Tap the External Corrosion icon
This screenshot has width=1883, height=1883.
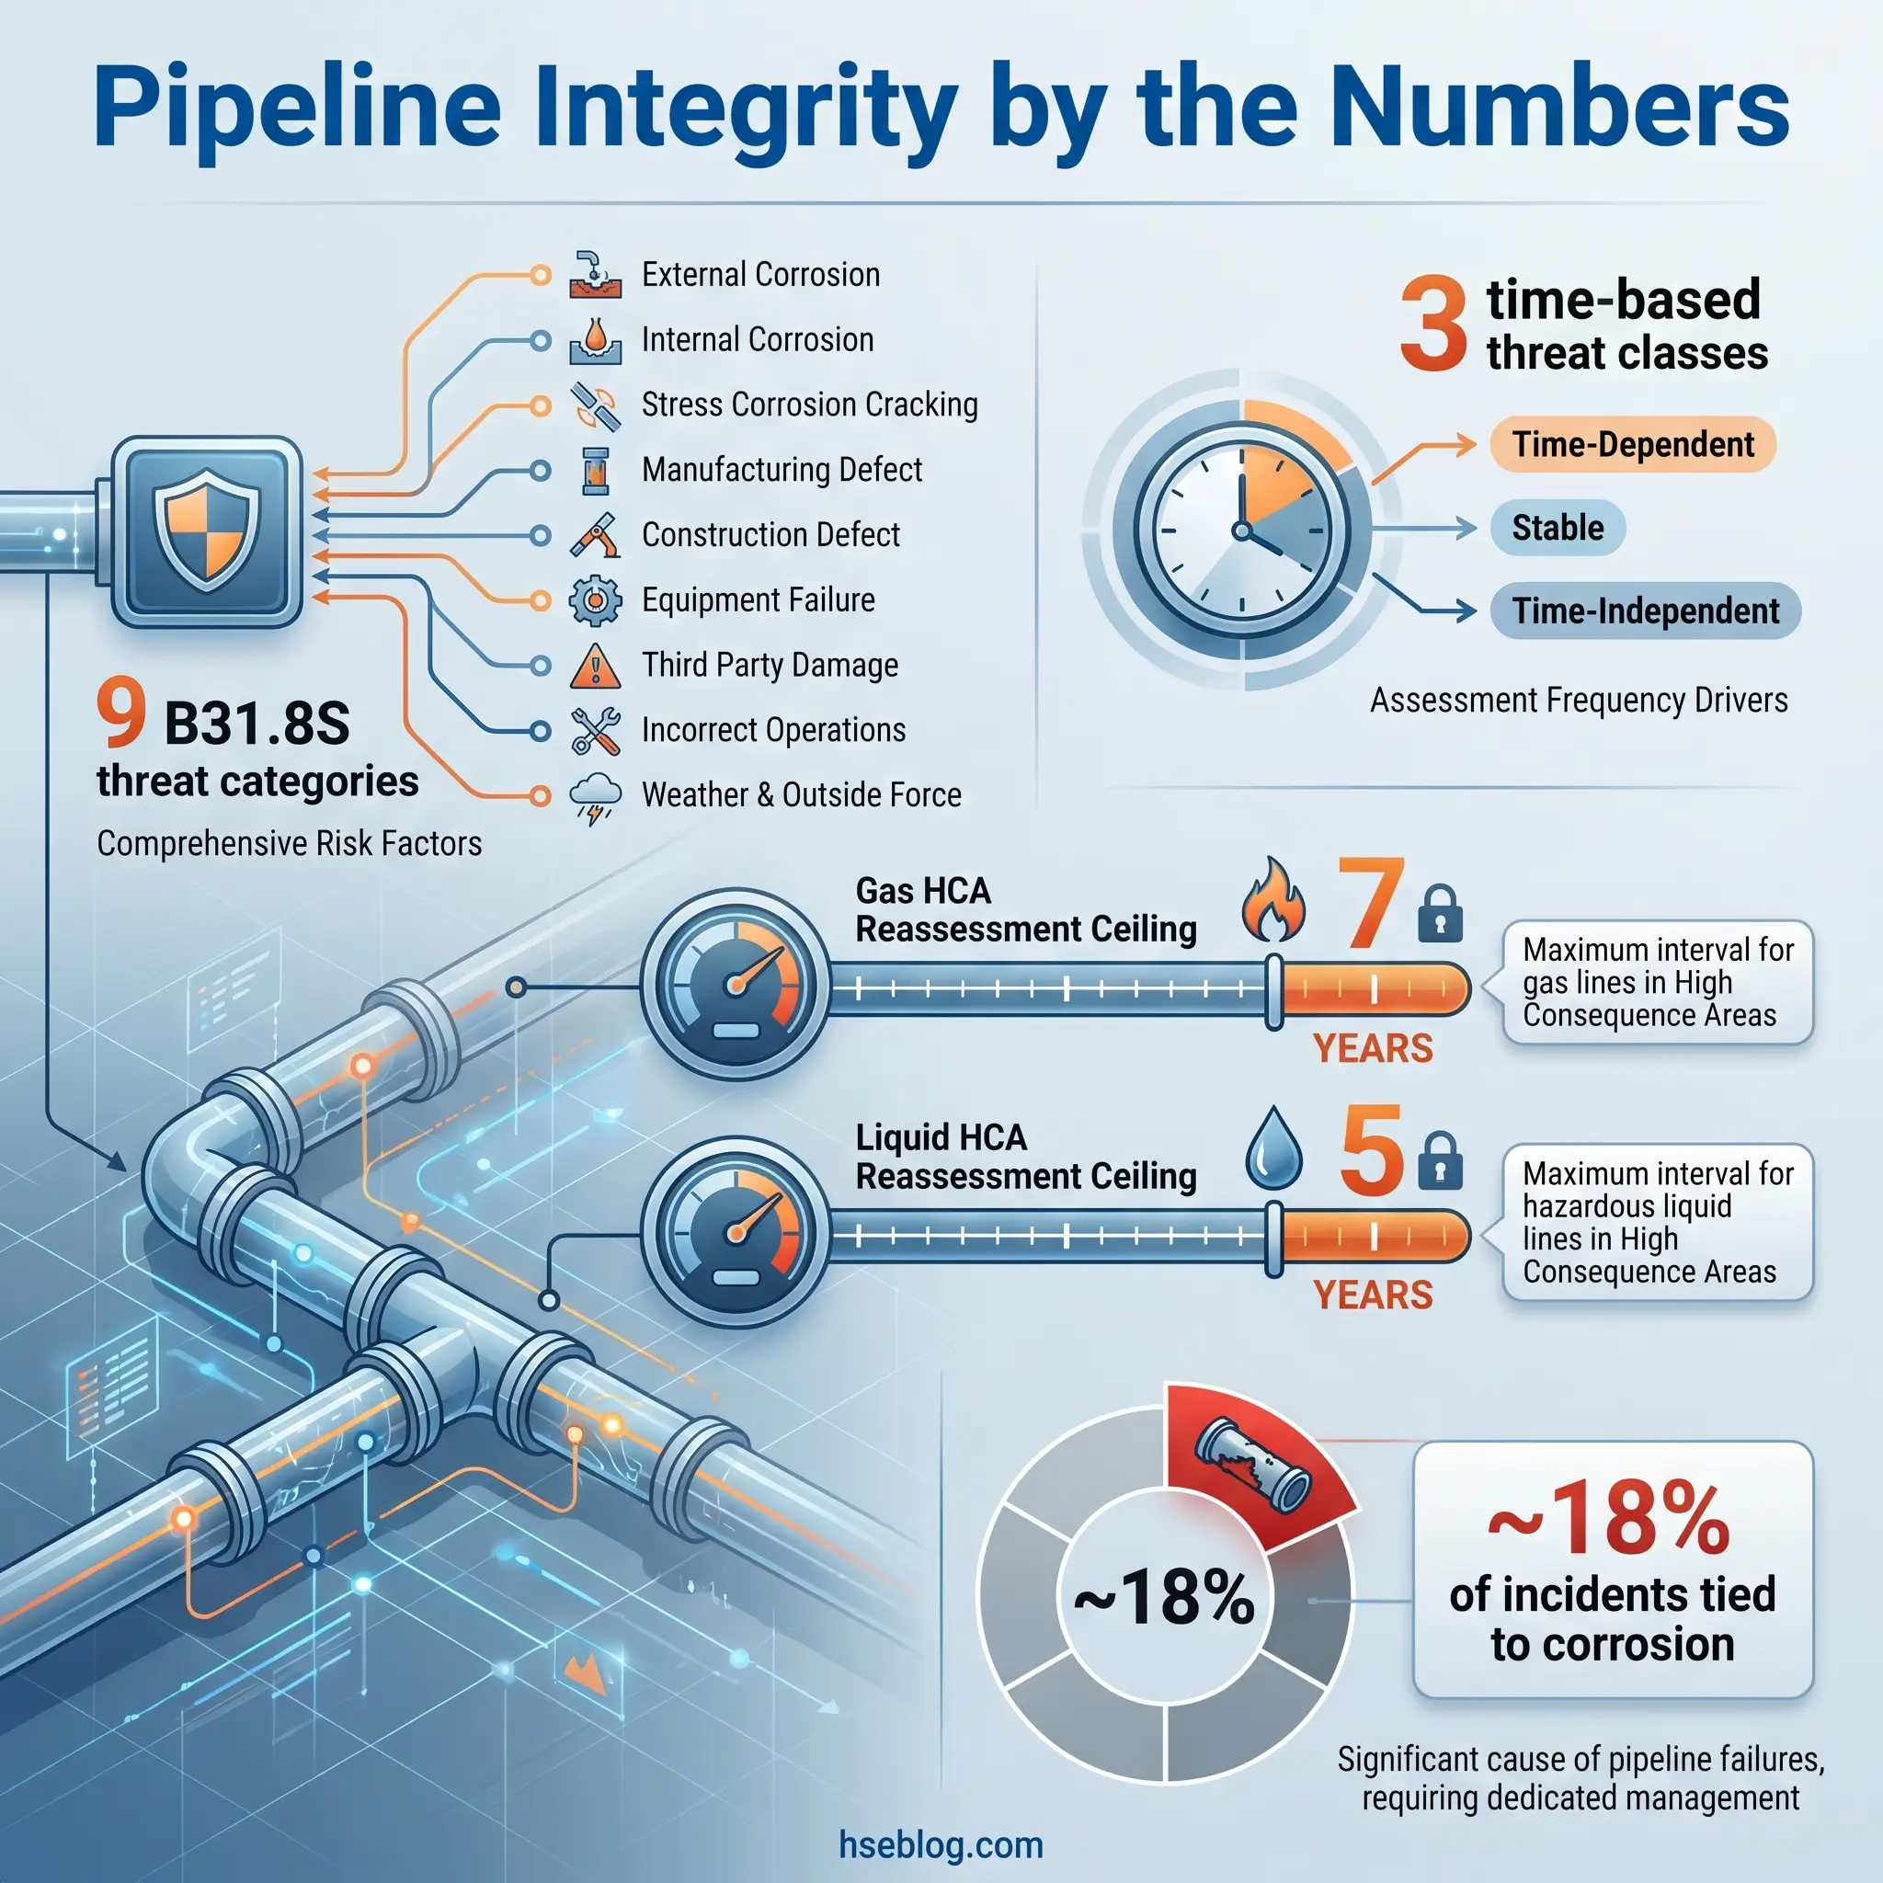pos(595,275)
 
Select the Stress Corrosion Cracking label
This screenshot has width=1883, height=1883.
pos(809,405)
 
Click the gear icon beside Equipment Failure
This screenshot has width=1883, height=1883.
pos(595,599)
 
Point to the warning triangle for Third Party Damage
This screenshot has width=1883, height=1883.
pos(595,667)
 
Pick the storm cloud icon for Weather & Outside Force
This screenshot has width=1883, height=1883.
pos(595,797)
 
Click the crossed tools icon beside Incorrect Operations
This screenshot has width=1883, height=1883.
pos(595,731)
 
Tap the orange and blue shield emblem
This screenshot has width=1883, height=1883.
pos(207,531)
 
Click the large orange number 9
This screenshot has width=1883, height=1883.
pos(120,713)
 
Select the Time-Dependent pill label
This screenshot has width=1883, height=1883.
pos(1633,444)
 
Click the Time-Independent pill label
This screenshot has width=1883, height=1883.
pos(1645,611)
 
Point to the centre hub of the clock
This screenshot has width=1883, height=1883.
pos(1241,531)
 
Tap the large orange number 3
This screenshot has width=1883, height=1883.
pos(1432,324)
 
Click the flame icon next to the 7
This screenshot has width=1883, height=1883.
pos(1272,900)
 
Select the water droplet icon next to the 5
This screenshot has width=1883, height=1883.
pos(1273,1150)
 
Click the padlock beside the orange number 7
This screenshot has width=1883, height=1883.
pos(1440,914)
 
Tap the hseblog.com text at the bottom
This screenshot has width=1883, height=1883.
pos(941,1845)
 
